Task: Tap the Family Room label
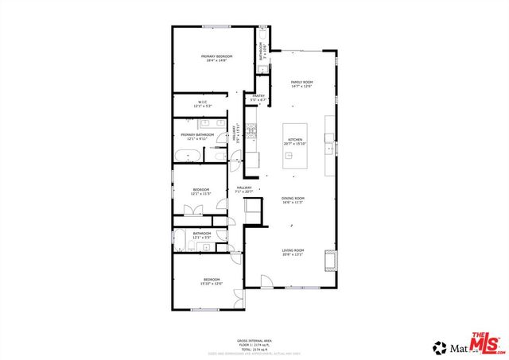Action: click(x=301, y=84)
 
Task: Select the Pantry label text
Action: click(x=258, y=98)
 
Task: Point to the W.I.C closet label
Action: click(x=202, y=103)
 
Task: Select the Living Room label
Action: click(x=293, y=253)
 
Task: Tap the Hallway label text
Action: click(x=243, y=189)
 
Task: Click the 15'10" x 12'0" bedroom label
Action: click(x=211, y=281)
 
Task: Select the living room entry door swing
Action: click(x=266, y=281)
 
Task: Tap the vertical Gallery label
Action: click(x=235, y=134)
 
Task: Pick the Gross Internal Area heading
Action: click(x=254, y=339)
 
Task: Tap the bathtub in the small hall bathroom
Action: click(x=181, y=244)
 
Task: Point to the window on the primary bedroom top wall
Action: click(x=215, y=27)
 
